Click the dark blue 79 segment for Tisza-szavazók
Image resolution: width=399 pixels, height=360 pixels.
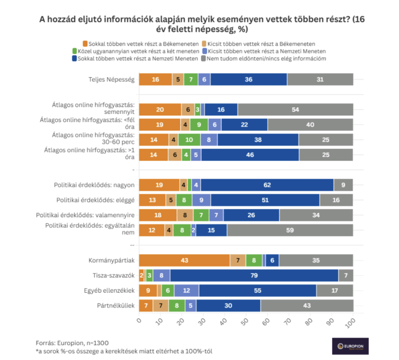tap(254, 275)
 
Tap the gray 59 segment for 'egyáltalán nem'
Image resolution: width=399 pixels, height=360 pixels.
tap(290, 230)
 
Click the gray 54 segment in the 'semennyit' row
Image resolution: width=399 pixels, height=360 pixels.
tap(295, 109)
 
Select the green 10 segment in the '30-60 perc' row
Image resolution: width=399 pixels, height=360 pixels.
tap(189, 140)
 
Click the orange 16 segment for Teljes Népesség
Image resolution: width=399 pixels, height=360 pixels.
tap(156, 79)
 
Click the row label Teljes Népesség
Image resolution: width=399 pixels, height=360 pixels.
tap(111, 79)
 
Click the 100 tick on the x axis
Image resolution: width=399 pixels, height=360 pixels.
tap(352, 321)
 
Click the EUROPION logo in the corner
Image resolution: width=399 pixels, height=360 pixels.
tap(350, 346)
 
